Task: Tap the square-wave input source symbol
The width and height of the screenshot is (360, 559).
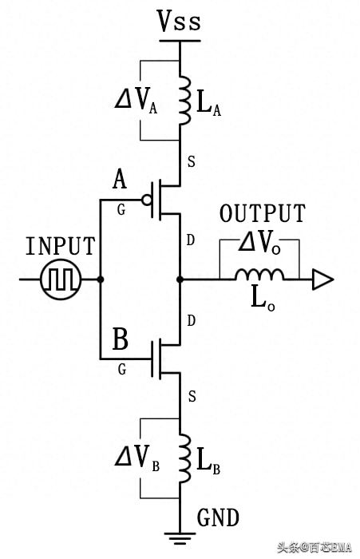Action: [x=61, y=279]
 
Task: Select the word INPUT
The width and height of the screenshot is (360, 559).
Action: [x=61, y=246]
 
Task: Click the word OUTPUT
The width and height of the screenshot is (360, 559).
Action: [x=263, y=213]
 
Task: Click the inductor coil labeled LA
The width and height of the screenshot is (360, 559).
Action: [x=184, y=100]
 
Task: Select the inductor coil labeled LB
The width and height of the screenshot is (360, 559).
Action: [x=185, y=458]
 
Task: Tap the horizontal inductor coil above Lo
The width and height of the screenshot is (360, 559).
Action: [x=259, y=274]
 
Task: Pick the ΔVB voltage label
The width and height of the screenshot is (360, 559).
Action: [x=136, y=458]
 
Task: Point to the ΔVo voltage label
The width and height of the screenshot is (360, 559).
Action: [x=259, y=244]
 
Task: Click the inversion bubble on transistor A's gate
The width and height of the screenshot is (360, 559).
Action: [x=147, y=200]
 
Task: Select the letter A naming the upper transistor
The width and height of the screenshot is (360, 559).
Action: [x=120, y=179]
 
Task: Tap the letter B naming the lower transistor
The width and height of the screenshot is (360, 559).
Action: [x=120, y=339]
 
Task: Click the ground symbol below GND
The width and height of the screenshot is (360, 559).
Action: [x=180, y=538]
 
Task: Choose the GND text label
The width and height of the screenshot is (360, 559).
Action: [x=218, y=517]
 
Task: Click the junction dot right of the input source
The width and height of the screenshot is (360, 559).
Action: [x=101, y=279]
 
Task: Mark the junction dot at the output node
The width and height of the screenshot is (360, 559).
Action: [x=180, y=279]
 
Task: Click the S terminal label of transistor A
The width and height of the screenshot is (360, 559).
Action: [x=192, y=161]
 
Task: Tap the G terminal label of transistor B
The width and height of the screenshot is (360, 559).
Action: [x=122, y=369]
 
